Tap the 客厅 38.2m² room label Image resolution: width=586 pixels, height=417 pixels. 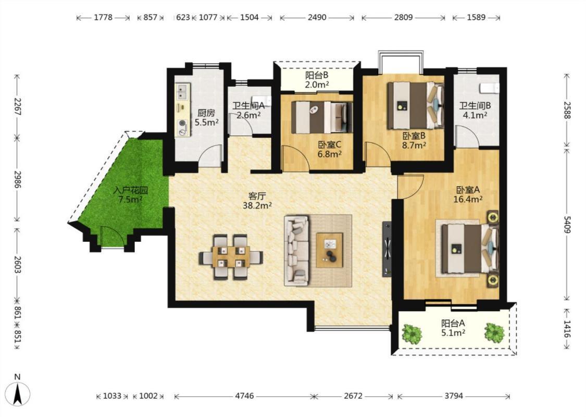(x=257, y=201)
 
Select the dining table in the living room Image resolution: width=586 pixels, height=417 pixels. (x=231, y=256)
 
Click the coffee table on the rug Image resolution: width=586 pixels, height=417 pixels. (x=330, y=250)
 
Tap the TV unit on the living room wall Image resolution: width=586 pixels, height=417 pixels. (x=387, y=249)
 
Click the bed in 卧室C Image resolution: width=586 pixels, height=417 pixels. (x=322, y=117)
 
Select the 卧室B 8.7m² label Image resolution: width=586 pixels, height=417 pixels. (x=414, y=140)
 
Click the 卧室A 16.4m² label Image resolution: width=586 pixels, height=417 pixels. (x=468, y=194)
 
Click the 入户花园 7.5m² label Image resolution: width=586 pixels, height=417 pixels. (x=130, y=194)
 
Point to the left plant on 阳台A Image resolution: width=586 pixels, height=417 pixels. (x=412, y=333)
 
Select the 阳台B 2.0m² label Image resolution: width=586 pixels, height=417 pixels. (x=317, y=80)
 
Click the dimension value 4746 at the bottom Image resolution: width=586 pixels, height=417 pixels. (x=244, y=396)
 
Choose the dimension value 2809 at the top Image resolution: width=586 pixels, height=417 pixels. (x=403, y=17)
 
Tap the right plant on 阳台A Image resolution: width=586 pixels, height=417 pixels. (x=494, y=333)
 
